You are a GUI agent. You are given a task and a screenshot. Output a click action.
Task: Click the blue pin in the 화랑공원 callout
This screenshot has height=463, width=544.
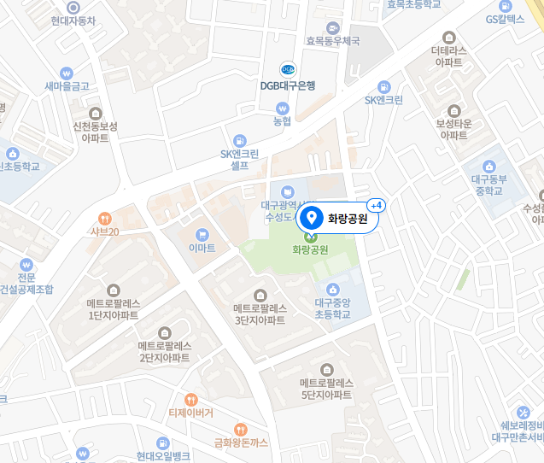pos(312,218)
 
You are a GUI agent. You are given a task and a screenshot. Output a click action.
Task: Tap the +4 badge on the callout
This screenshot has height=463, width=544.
pos(376,206)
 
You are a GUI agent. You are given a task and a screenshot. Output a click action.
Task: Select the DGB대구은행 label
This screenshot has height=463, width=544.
pos(288,85)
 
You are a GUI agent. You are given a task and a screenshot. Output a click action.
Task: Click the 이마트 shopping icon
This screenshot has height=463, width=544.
pos(202,233)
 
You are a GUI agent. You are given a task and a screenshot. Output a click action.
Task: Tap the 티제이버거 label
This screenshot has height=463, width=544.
pos(190,413)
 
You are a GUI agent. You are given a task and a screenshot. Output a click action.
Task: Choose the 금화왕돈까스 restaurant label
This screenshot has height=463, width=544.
pos(242,442)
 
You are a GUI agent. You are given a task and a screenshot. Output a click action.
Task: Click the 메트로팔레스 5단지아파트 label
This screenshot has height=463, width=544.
pos(326,390)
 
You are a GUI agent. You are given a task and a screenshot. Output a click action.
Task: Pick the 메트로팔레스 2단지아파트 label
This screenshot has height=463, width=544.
pos(165,352)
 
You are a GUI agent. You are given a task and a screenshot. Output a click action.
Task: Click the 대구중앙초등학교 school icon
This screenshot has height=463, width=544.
pos(333,288)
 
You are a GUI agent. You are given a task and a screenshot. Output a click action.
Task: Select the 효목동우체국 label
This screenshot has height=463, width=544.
pos(333,40)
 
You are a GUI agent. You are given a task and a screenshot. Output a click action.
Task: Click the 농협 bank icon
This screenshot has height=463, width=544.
pos(283,108)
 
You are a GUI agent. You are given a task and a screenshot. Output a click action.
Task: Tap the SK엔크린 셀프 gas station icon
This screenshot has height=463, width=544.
pos(240,140)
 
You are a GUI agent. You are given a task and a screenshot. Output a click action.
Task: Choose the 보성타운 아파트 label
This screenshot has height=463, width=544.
pos(453,129)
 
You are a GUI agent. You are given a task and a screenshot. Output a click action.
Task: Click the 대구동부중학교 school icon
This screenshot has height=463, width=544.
pos(489,166)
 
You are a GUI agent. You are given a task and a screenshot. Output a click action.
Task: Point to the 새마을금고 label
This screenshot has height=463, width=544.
pos(68,86)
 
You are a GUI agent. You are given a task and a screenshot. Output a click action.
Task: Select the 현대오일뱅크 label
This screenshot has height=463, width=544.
pos(162,456)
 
